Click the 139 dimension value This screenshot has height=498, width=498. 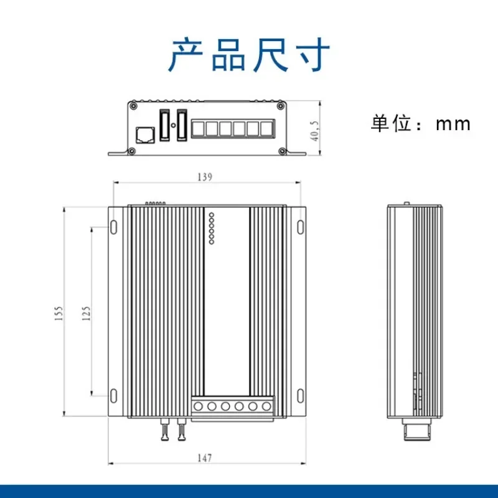click(205, 177)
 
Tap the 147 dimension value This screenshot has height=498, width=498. click(205, 458)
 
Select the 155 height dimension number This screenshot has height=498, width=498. click(59, 314)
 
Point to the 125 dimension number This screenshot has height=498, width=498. click(86, 314)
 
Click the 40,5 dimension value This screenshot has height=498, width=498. click(314, 131)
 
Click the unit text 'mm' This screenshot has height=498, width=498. click(453, 124)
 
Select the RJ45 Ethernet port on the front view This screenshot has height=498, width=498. click(145, 135)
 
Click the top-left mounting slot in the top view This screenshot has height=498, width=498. click(114, 227)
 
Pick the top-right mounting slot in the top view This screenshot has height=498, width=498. click(301, 227)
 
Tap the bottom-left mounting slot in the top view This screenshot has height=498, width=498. click(114, 396)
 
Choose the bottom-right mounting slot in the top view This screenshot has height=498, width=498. click(301, 396)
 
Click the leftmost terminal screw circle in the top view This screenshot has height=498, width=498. click(198, 406)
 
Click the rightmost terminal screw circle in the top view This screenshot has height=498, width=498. click(266, 406)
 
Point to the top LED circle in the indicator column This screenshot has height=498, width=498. click(212, 215)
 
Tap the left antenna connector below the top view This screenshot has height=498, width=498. click(165, 430)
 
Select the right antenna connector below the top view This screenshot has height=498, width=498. click(181, 430)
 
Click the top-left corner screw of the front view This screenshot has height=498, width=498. click(134, 105)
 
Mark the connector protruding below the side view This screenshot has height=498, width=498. click(416, 429)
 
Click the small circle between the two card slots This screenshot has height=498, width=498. click(173, 125)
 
